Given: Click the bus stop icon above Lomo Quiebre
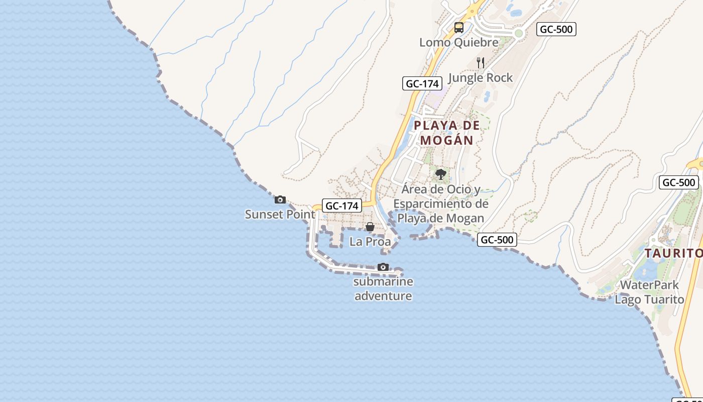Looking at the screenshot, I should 458,28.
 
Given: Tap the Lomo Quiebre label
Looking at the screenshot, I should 459,42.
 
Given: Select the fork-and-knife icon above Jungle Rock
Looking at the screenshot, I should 481,63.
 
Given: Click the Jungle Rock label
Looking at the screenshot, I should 480,77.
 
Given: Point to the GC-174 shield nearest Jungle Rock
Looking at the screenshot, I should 422,84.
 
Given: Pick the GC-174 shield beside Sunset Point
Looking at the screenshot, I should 341,206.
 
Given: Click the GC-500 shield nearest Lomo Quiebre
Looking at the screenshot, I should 556,29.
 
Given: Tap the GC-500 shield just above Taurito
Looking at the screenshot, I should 678,182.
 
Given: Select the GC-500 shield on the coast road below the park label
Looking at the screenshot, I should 497,240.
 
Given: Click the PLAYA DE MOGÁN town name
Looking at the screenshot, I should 447,133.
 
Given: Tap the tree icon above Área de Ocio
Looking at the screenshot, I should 441,174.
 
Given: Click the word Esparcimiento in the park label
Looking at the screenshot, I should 440,204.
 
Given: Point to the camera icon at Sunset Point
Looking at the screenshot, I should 280,200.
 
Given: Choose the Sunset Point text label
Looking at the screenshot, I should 280,215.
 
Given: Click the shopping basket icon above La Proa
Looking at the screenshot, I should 370,227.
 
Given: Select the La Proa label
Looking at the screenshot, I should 370,242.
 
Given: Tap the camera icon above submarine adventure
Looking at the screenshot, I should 383,267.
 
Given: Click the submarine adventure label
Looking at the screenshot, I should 384,288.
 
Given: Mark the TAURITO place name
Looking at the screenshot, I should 673,253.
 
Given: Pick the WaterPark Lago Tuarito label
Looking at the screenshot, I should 649,292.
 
